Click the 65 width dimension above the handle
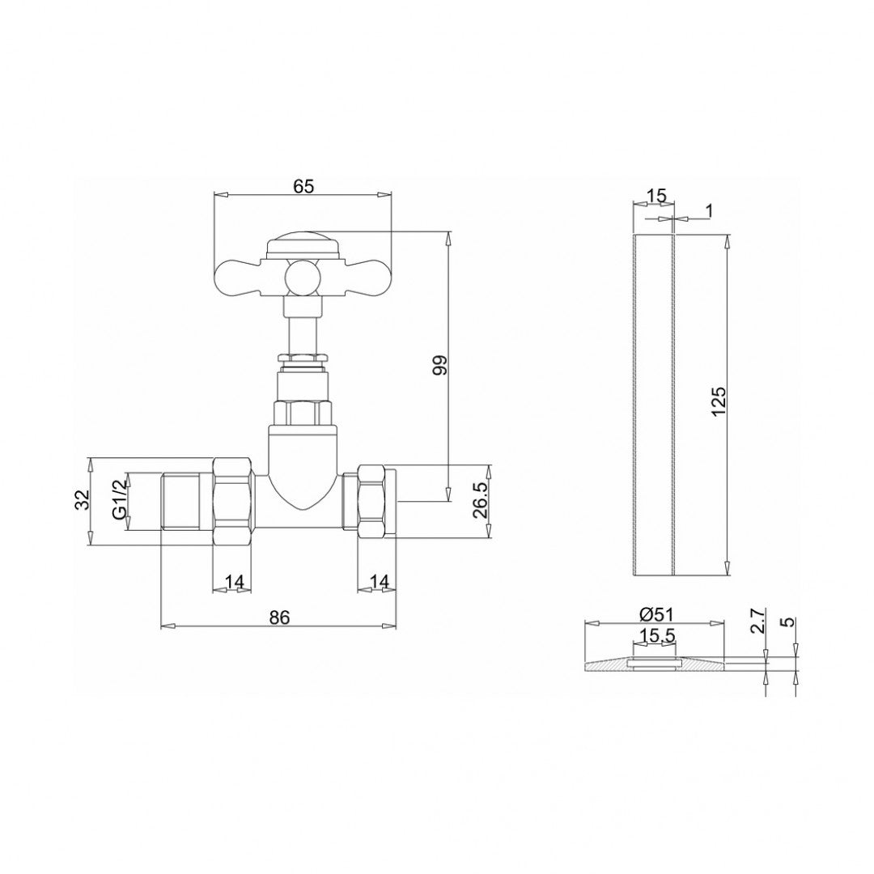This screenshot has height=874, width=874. point(303,186)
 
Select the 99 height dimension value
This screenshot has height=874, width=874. point(440,366)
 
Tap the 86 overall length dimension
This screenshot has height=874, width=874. point(279,617)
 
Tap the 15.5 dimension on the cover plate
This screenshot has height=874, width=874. point(655,636)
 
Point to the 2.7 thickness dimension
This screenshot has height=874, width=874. point(757,622)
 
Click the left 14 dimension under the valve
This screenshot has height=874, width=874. point(234,581)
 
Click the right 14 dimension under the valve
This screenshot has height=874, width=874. point(378,581)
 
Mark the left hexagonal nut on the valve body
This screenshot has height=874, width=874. point(235,502)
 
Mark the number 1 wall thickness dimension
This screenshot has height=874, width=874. point(709,211)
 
